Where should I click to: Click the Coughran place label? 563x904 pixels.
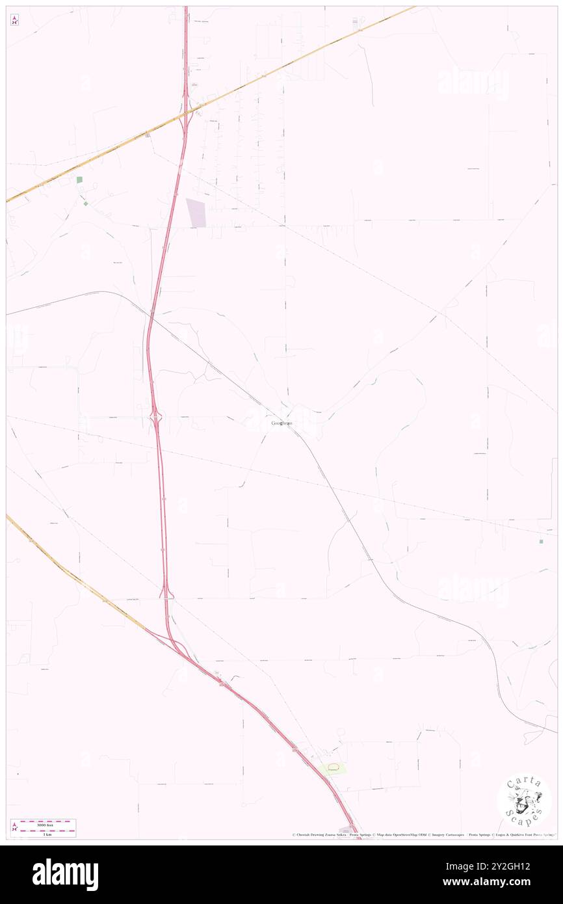[281, 423]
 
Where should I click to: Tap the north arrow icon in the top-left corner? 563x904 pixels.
[14, 20]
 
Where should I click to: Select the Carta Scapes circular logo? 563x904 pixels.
[524, 800]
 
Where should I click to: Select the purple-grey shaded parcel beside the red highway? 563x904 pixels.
[196, 213]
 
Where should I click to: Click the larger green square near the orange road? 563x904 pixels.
[80, 179]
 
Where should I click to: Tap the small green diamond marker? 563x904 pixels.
[85, 203]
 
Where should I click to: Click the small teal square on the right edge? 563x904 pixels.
[542, 541]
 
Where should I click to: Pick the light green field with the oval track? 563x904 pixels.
[333, 769]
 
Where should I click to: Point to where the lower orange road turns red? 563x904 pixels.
[151, 630]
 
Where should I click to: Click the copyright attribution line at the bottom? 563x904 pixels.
[423, 835]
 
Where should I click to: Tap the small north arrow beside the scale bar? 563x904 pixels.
[14, 828]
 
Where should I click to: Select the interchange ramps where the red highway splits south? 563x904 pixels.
[176, 644]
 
